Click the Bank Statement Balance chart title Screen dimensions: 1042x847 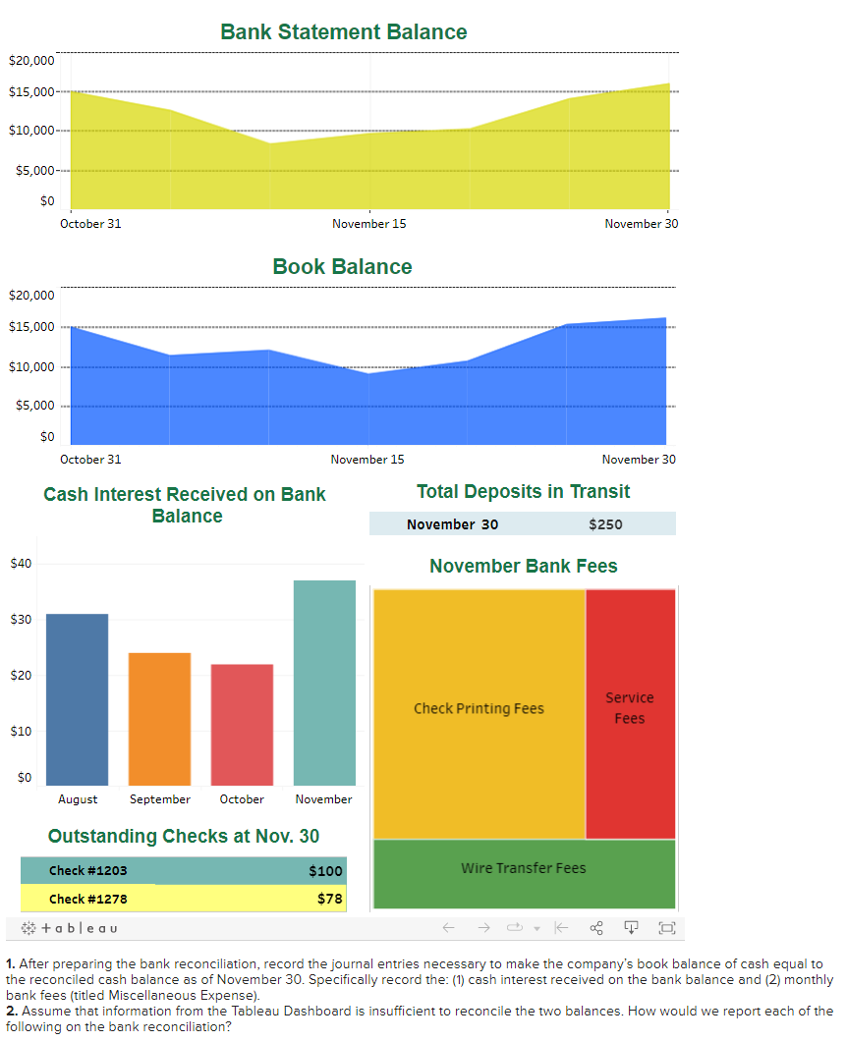(343, 32)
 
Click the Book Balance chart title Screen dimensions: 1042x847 (342, 267)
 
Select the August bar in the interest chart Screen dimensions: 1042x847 (78, 698)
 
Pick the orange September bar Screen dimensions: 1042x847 (159, 718)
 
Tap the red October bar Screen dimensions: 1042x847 (242, 724)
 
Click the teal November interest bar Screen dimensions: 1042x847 (324, 682)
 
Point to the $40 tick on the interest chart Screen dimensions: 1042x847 (21, 563)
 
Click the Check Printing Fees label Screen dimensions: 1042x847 (479, 708)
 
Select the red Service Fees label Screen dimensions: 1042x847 (629, 708)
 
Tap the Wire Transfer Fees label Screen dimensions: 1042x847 (523, 868)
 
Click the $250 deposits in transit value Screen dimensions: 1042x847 (605, 524)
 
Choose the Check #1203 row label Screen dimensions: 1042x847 (87, 871)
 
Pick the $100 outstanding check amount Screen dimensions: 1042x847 (325, 871)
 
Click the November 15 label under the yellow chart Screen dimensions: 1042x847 (368, 224)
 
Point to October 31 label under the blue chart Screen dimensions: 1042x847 (90, 459)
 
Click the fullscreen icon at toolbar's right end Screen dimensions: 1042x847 (667, 928)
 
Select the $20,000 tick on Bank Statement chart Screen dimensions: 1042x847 (31, 61)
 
